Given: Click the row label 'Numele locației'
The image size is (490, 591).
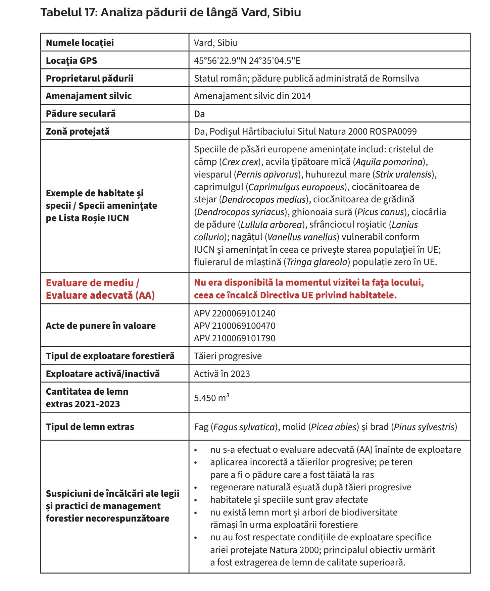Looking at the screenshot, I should (x=80, y=43).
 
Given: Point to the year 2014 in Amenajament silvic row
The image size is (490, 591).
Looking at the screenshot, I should (x=301, y=96).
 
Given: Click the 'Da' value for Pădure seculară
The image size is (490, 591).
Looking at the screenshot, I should (x=199, y=114).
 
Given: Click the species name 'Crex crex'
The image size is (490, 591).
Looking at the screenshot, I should (x=241, y=162).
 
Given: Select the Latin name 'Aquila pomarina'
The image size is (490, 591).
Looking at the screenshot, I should (x=389, y=162).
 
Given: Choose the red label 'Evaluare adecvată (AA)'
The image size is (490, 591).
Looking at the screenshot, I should (x=100, y=295).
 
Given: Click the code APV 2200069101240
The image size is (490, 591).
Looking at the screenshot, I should (x=235, y=313).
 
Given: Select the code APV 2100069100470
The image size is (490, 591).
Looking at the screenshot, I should (x=235, y=326).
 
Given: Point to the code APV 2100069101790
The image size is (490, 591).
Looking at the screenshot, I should (x=235, y=338).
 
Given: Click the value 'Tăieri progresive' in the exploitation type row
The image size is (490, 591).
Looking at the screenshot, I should (x=228, y=356).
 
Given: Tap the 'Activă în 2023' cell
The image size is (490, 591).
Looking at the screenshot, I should (x=222, y=374).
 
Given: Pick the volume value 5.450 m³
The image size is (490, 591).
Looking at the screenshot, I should (x=211, y=398).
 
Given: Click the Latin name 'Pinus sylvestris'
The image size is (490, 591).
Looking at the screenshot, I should (x=424, y=427).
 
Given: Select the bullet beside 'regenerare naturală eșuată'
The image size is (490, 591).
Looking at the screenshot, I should (x=196, y=488).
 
